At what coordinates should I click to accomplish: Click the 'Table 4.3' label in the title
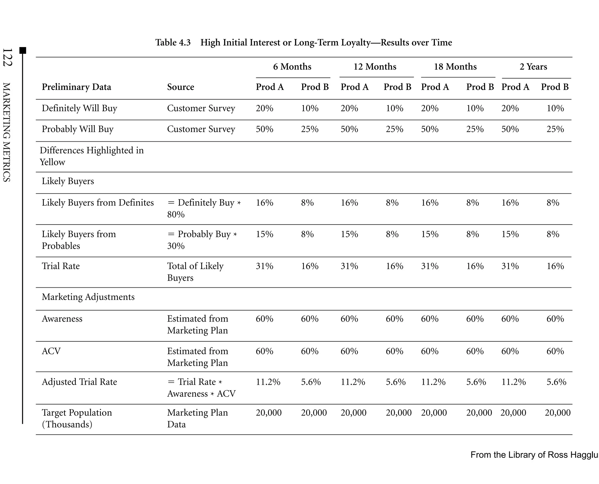[173, 43]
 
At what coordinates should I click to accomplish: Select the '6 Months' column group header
[292, 67]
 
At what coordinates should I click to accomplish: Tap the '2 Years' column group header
[533, 67]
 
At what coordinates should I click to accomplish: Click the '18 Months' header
[455, 67]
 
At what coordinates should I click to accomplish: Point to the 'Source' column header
[180, 87]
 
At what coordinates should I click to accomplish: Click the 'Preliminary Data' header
[76, 87]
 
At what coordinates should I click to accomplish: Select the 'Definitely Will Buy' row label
[79, 108]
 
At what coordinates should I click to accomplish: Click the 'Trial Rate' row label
[61, 266]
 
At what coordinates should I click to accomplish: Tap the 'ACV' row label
[51, 351]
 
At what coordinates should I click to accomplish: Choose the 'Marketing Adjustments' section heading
[88, 297]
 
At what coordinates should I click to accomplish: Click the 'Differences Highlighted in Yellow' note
[91, 156]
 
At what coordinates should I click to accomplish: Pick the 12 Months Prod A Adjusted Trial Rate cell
[353, 382]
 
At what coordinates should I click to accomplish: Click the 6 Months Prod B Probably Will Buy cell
[309, 129]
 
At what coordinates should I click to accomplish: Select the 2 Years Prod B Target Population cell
[557, 413]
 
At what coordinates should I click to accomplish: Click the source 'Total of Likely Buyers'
[195, 272]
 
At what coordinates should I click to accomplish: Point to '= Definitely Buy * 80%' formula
[204, 208]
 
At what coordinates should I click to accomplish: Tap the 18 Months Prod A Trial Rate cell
[429, 266]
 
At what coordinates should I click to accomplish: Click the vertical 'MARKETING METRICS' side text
[6, 132]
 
